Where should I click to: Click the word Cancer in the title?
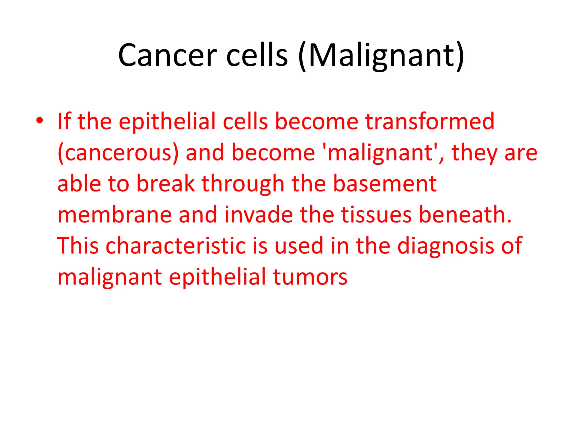(x=167, y=55)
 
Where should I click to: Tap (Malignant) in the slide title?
(x=382, y=55)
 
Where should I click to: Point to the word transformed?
(x=430, y=121)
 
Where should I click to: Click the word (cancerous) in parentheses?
(x=118, y=153)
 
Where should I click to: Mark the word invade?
(x=258, y=215)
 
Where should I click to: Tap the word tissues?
(x=376, y=215)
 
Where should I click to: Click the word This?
(x=78, y=246)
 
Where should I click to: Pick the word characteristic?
(x=176, y=246)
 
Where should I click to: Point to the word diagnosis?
(x=446, y=246)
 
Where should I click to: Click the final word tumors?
(x=310, y=277)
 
